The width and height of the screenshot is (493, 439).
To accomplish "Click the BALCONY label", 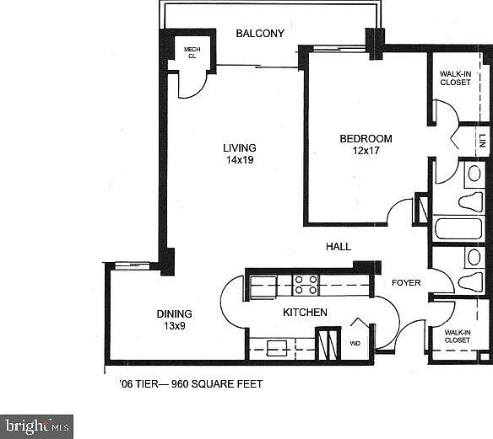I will pos(260,34).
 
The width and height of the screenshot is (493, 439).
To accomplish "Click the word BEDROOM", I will pos(366,139).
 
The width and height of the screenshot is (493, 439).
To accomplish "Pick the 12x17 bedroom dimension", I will pos(366,152).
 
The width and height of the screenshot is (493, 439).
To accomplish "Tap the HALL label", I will pos(339,247).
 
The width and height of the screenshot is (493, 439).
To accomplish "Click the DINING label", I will pos(174,314).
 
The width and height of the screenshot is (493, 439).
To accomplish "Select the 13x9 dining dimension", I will pos(174,326).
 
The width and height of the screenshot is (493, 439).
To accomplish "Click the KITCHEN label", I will pos(305,313).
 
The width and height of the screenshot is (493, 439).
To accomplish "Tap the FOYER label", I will pos(406,283).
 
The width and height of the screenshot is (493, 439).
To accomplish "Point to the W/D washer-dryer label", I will pos(354,343).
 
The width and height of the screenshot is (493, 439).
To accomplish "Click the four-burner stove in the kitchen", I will pos(306,285).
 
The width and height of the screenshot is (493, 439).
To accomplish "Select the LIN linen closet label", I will pos(482,140).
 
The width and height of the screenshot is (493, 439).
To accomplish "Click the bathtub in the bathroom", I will pos(457,229).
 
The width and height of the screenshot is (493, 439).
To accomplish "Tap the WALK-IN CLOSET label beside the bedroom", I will pos(456,78).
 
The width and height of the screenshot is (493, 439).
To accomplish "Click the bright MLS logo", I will pos(37,426).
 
